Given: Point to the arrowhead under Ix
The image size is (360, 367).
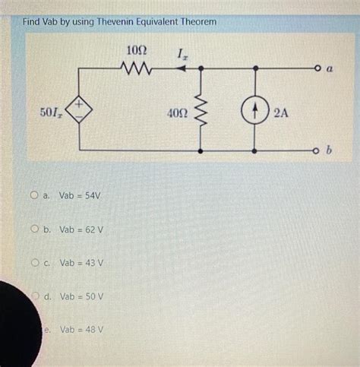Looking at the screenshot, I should [x=181, y=68].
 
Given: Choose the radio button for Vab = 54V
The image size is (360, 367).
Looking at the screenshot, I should [x=35, y=196].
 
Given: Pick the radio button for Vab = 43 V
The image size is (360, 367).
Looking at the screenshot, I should [x=35, y=263].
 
